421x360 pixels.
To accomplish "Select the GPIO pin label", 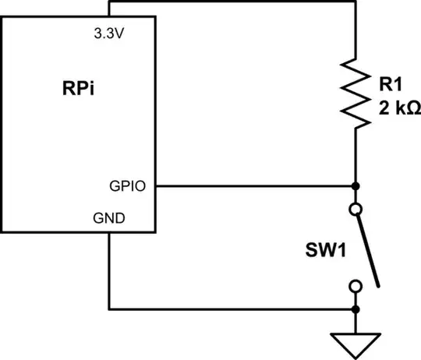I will coord(127,186).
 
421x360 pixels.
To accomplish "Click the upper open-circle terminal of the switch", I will coord(356,209).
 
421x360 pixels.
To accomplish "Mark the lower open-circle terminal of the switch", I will coord(356,286).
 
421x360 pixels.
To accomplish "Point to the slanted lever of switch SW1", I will coord(368,248).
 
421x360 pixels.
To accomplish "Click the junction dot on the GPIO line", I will coord(356,186).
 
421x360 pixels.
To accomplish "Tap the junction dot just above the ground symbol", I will coord(356,309).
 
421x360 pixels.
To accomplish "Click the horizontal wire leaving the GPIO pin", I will coord(249,186).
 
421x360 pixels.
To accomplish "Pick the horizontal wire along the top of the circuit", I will coord(234,3).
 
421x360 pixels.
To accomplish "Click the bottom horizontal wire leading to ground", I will coord(234,309).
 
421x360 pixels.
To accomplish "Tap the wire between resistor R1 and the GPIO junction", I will coord(356,156).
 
